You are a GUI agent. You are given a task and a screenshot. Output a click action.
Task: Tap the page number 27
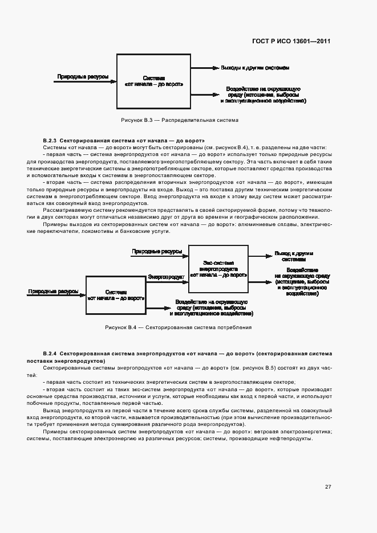[x=328, y=486]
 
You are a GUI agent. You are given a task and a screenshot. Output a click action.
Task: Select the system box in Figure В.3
[x=153, y=81]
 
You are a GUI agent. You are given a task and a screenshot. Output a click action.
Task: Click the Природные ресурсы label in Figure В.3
[x=83, y=76]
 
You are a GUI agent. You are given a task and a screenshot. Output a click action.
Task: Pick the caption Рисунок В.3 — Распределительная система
[x=180, y=121]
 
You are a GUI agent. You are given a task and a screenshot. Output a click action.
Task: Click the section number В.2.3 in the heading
[x=50, y=140]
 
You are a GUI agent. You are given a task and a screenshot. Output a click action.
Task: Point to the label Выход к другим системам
[x=294, y=256]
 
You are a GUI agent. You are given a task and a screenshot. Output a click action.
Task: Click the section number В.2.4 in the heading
[x=50, y=354]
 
